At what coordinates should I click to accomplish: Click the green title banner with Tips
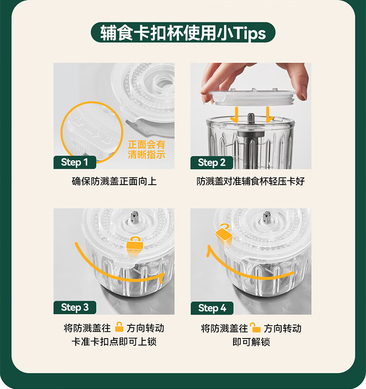(183, 32)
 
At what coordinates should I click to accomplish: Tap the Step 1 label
(75, 162)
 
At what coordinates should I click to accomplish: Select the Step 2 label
(212, 162)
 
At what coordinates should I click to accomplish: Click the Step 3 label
(75, 307)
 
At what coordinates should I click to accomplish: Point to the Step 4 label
(212, 308)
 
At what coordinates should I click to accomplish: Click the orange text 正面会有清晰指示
(146, 149)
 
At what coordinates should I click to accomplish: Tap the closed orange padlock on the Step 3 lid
(135, 243)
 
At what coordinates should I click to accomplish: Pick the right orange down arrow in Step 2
(269, 115)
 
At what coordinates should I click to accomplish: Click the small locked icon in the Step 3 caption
(119, 327)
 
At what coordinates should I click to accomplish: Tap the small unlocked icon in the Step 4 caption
(255, 327)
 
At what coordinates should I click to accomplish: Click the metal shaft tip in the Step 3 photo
(134, 217)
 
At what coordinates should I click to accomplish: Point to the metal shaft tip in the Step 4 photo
(266, 217)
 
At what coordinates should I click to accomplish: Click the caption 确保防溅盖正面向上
(114, 181)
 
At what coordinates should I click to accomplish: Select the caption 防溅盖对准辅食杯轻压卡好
(251, 181)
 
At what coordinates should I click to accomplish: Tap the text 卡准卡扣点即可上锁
(114, 342)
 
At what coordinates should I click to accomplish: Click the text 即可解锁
(251, 342)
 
